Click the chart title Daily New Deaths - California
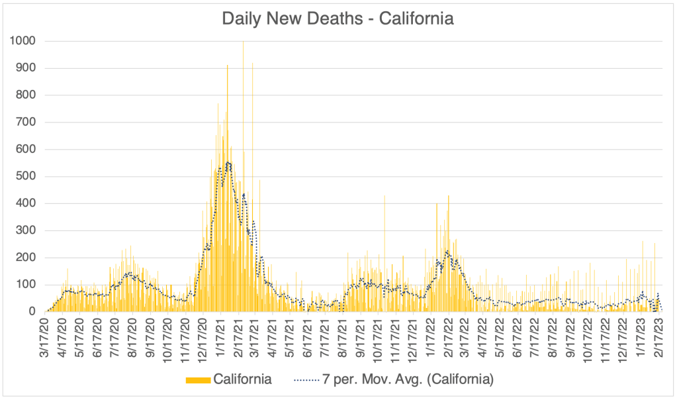(x=338, y=19)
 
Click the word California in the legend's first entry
(x=242, y=380)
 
